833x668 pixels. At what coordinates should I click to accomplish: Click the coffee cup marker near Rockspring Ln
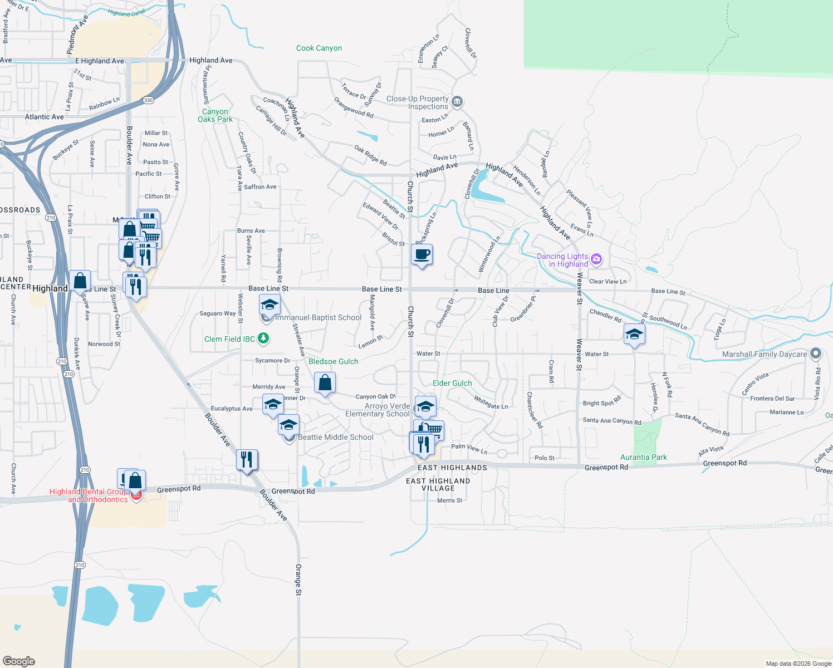click(422, 255)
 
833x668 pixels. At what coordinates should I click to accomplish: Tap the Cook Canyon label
click(319, 48)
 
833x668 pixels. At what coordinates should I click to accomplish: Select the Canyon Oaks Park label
click(215, 116)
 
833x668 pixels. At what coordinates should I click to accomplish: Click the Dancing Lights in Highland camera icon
click(596, 259)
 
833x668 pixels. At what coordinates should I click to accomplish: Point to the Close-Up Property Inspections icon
click(457, 102)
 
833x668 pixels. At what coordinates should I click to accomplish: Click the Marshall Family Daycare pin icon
click(816, 353)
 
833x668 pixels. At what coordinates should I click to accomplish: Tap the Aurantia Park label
click(644, 457)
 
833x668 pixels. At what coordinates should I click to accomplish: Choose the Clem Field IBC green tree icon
click(263, 338)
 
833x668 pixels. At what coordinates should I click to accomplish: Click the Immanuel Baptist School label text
click(318, 317)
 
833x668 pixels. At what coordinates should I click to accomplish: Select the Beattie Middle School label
click(336, 437)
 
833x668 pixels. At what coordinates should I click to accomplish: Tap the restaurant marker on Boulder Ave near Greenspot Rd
click(247, 460)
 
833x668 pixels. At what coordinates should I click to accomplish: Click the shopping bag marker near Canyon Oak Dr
click(325, 383)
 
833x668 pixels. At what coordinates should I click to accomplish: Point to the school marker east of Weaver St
click(634, 335)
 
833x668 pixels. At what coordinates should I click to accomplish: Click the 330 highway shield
click(148, 100)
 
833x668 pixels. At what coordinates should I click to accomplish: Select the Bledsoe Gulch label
click(334, 361)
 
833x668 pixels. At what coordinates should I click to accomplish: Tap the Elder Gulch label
click(452, 383)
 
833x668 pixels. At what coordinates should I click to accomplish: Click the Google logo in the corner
click(18, 661)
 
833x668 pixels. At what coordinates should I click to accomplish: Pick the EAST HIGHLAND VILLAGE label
click(438, 484)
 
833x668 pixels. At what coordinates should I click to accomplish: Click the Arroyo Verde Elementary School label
click(377, 410)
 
